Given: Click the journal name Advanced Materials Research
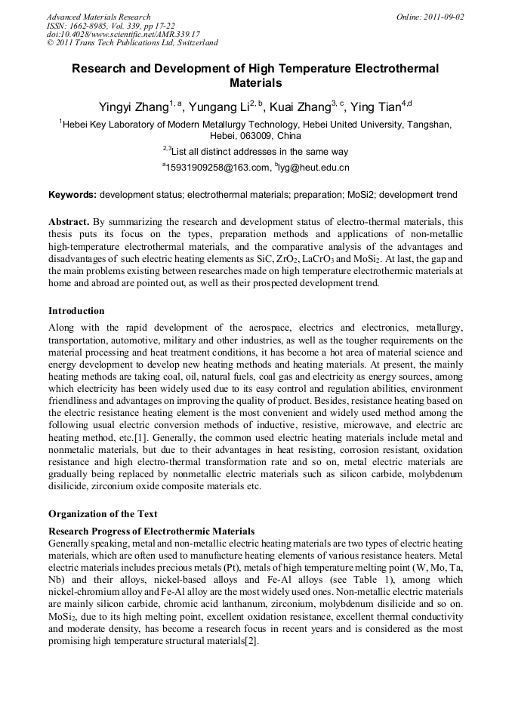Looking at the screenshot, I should point(98,17).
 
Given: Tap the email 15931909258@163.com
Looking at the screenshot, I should point(217,168).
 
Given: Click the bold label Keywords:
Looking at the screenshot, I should point(72,195).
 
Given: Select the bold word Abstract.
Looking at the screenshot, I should point(69,222).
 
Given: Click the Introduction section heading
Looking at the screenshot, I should point(76,310).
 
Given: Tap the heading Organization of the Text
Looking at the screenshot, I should point(103,514).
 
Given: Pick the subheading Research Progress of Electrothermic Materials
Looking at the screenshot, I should point(151,531).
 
